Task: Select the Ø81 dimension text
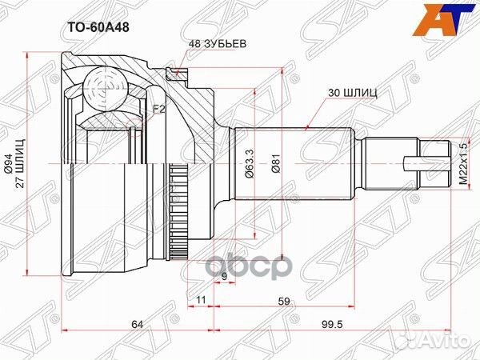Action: pos(277,163)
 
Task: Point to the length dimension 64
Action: pos(138,324)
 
